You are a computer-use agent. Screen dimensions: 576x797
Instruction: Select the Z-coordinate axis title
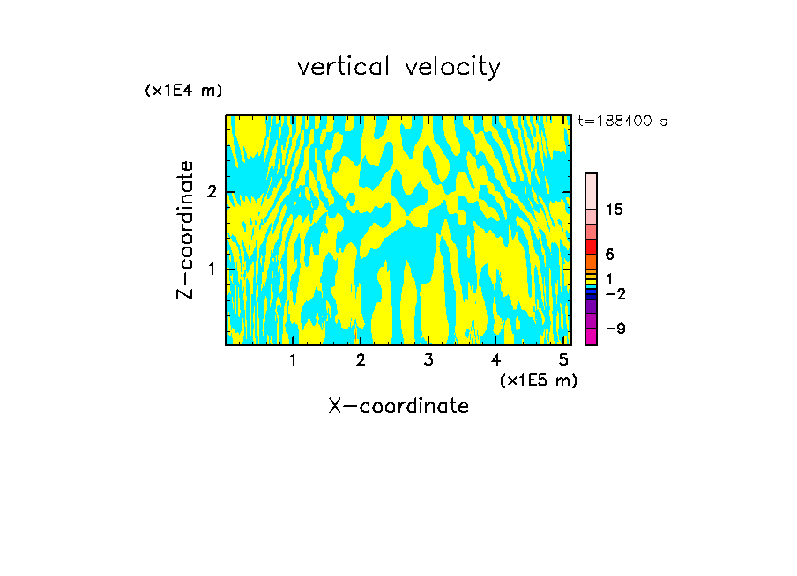[x=185, y=230]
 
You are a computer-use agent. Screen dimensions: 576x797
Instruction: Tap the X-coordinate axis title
[x=398, y=406]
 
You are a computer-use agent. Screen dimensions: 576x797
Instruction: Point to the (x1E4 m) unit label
[x=183, y=91]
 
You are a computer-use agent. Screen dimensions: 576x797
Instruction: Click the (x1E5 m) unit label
[x=538, y=380]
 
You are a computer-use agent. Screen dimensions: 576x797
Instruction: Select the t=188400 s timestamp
[x=622, y=121]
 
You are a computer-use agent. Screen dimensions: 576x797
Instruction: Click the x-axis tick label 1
[x=293, y=360]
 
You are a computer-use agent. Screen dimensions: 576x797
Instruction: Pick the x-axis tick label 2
[x=361, y=360]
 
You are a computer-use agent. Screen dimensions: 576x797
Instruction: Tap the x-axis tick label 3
[x=428, y=360]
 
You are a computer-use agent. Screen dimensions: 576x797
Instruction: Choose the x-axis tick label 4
[x=495, y=360]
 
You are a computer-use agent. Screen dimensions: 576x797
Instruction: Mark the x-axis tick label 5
[x=563, y=360]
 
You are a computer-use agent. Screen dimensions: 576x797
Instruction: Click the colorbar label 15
[x=615, y=210]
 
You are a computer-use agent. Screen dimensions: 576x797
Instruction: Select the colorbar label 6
[x=609, y=255]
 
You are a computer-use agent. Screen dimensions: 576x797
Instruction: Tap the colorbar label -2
[x=615, y=293]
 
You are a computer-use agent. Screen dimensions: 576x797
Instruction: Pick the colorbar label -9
[x=615, y=329]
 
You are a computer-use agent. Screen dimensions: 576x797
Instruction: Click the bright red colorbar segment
[x=591, y=247]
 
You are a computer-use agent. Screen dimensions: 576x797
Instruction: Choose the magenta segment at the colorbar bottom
[x=591, y=336]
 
